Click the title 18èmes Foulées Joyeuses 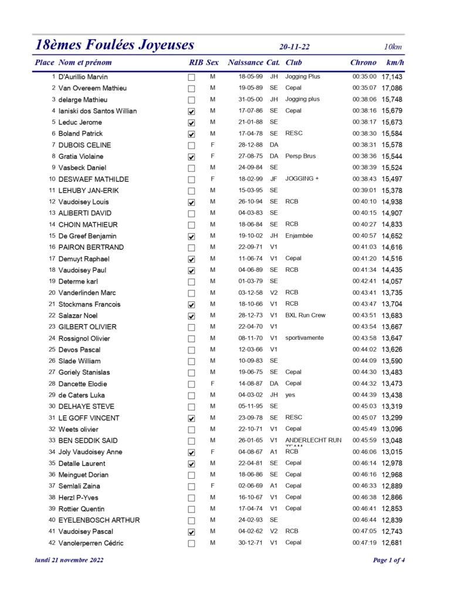point(114,45)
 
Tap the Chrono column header point(363,62)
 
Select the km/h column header point(395,62)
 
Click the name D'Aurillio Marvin point(83,77)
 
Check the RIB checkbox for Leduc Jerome point(191,123)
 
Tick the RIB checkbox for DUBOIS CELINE point(191,145)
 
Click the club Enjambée point(299,236)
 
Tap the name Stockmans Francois point(90,304)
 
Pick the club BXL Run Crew point(305,315)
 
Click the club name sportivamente point(304,338)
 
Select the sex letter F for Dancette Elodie point(212,384)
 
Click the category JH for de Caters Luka point(273,395)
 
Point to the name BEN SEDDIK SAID point(88,441)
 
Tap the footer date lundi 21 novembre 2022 point(69,560)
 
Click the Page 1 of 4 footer point(389,560)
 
